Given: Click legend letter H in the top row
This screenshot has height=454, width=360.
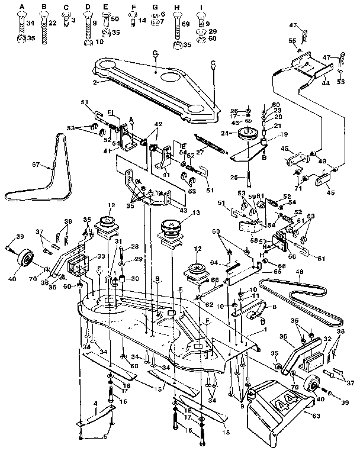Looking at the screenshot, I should (176, 7).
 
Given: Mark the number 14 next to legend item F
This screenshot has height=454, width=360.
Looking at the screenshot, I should (142, 20).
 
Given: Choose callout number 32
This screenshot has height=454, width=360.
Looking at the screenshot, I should (327, 340).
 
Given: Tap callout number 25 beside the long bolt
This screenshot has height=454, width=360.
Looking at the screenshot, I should (234, 178).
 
